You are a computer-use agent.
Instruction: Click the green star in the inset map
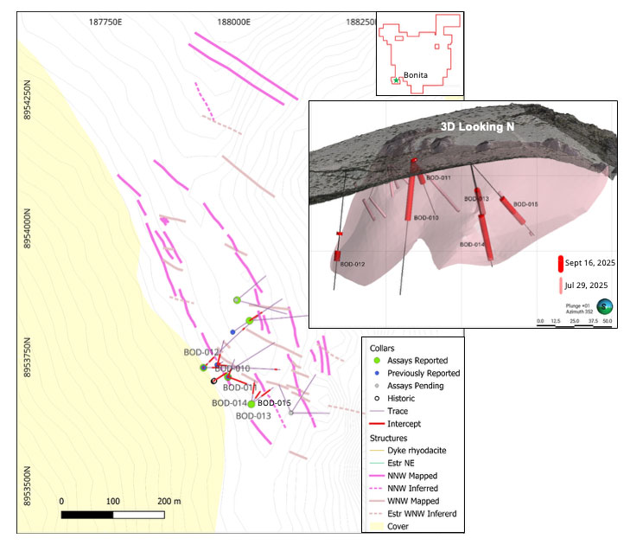pos(397,80)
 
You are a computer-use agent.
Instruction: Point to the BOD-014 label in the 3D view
pos(472,245)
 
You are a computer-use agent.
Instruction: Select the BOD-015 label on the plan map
pos(274,403)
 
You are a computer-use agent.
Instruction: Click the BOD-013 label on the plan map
pos(253,416)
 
